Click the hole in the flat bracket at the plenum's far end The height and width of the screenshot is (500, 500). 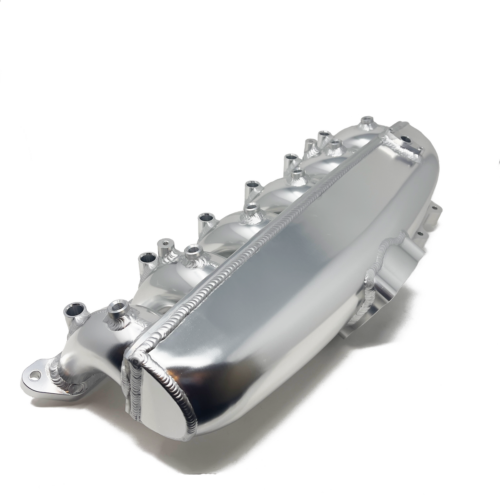(x=406, y=139)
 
